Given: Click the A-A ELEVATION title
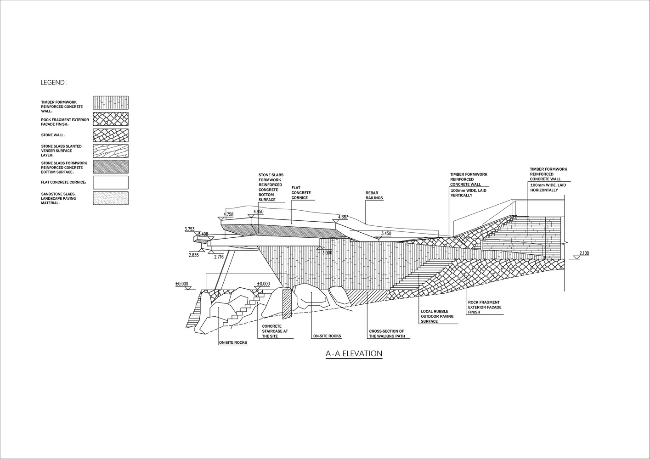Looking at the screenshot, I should (354, 354).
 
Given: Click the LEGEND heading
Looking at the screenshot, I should (54, 83).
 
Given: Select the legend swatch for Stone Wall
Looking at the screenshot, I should (110, 135).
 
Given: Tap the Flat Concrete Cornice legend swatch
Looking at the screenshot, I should (110, 182).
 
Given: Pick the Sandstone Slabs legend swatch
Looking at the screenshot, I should (110, 198).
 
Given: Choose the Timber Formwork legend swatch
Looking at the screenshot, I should (110, 102).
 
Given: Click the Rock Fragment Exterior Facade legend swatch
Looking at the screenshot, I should (110, 119).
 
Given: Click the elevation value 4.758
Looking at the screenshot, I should (228, 214).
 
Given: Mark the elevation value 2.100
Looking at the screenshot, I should (584, 253).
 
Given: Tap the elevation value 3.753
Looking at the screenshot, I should (190, 229).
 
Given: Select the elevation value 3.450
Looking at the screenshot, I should (386, 234).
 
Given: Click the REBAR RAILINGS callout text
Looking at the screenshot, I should (374, 196).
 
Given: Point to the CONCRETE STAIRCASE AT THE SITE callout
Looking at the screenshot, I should (275, 331).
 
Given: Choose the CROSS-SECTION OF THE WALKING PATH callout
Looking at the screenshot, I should (386, 334).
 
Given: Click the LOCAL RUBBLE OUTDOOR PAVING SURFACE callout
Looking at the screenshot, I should (437, 316).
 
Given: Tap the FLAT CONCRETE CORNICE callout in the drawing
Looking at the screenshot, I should (301, 193).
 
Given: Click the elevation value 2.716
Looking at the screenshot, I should (219, 257).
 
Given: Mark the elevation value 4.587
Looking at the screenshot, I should (343, 217).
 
